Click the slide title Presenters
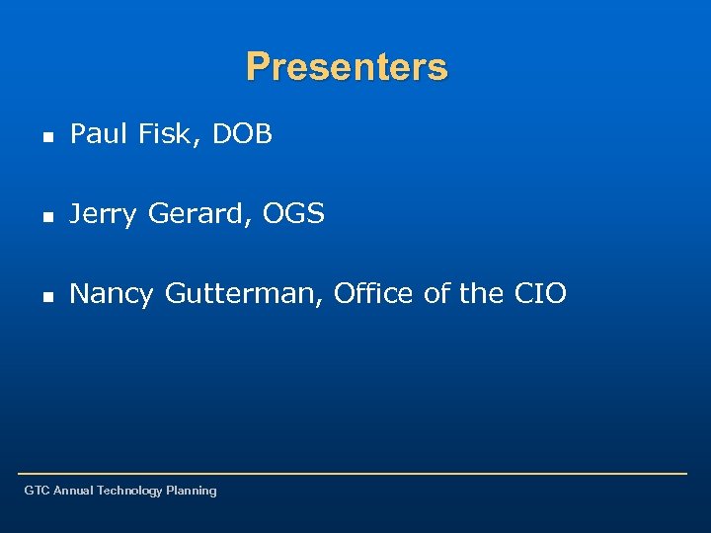pos(347,67)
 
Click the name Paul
pos(100,134)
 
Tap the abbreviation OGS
pos(293,213)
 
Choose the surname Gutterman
pos(243,293)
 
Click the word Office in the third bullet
pos(374,293)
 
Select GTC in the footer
pos(37,491)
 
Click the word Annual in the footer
pos(74,491)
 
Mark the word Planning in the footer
pos(192,491)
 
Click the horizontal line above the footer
pos(355,474)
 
